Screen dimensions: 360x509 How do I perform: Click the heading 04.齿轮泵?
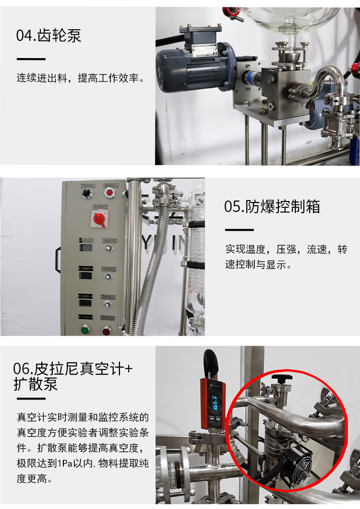[x=48, y=36]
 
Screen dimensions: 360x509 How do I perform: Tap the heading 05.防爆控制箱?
[x=272, y=206]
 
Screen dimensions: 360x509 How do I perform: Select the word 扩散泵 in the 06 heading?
[x=36, y=384]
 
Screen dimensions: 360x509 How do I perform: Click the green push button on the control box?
[x=85, y=330]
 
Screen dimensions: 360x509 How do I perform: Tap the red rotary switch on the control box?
[x=99, y=219]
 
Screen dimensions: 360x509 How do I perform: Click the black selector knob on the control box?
[x=87, y=193]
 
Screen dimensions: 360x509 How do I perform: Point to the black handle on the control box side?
[x=58, y=260]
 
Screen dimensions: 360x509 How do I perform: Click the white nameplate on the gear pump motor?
[x=204, y=50]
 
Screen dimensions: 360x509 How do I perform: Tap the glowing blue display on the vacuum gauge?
[x=215, y=402]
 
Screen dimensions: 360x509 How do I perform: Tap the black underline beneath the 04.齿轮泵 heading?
[x=31, y=59]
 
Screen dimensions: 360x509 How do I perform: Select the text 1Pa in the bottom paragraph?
[x=65, y=463]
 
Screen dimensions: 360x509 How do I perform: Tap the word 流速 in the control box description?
[x=316, y=249]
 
